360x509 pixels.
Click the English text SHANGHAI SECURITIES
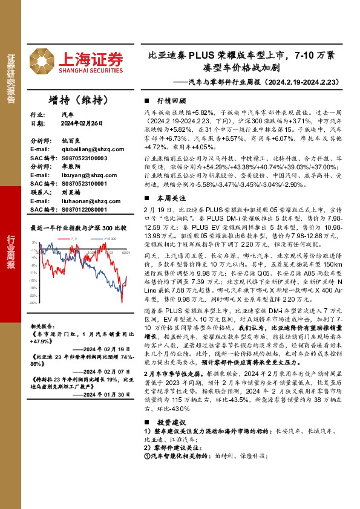(91, 70)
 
